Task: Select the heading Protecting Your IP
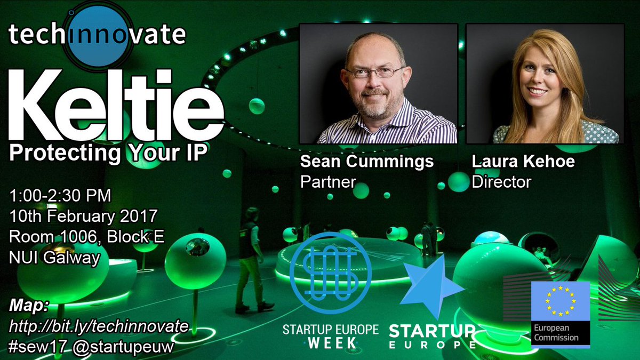pyautogui.click(x=108, y=154)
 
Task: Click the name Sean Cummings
pyautogui.click(x=367, y=162)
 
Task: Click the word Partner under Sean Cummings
pyautogui.click(x=328, y=182)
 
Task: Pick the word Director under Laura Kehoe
pyautogui.click(x=501, y=182)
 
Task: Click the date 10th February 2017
pyautogui.click(x=83, y=217)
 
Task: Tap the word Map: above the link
pyautogui.click(x=29, y=306)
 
